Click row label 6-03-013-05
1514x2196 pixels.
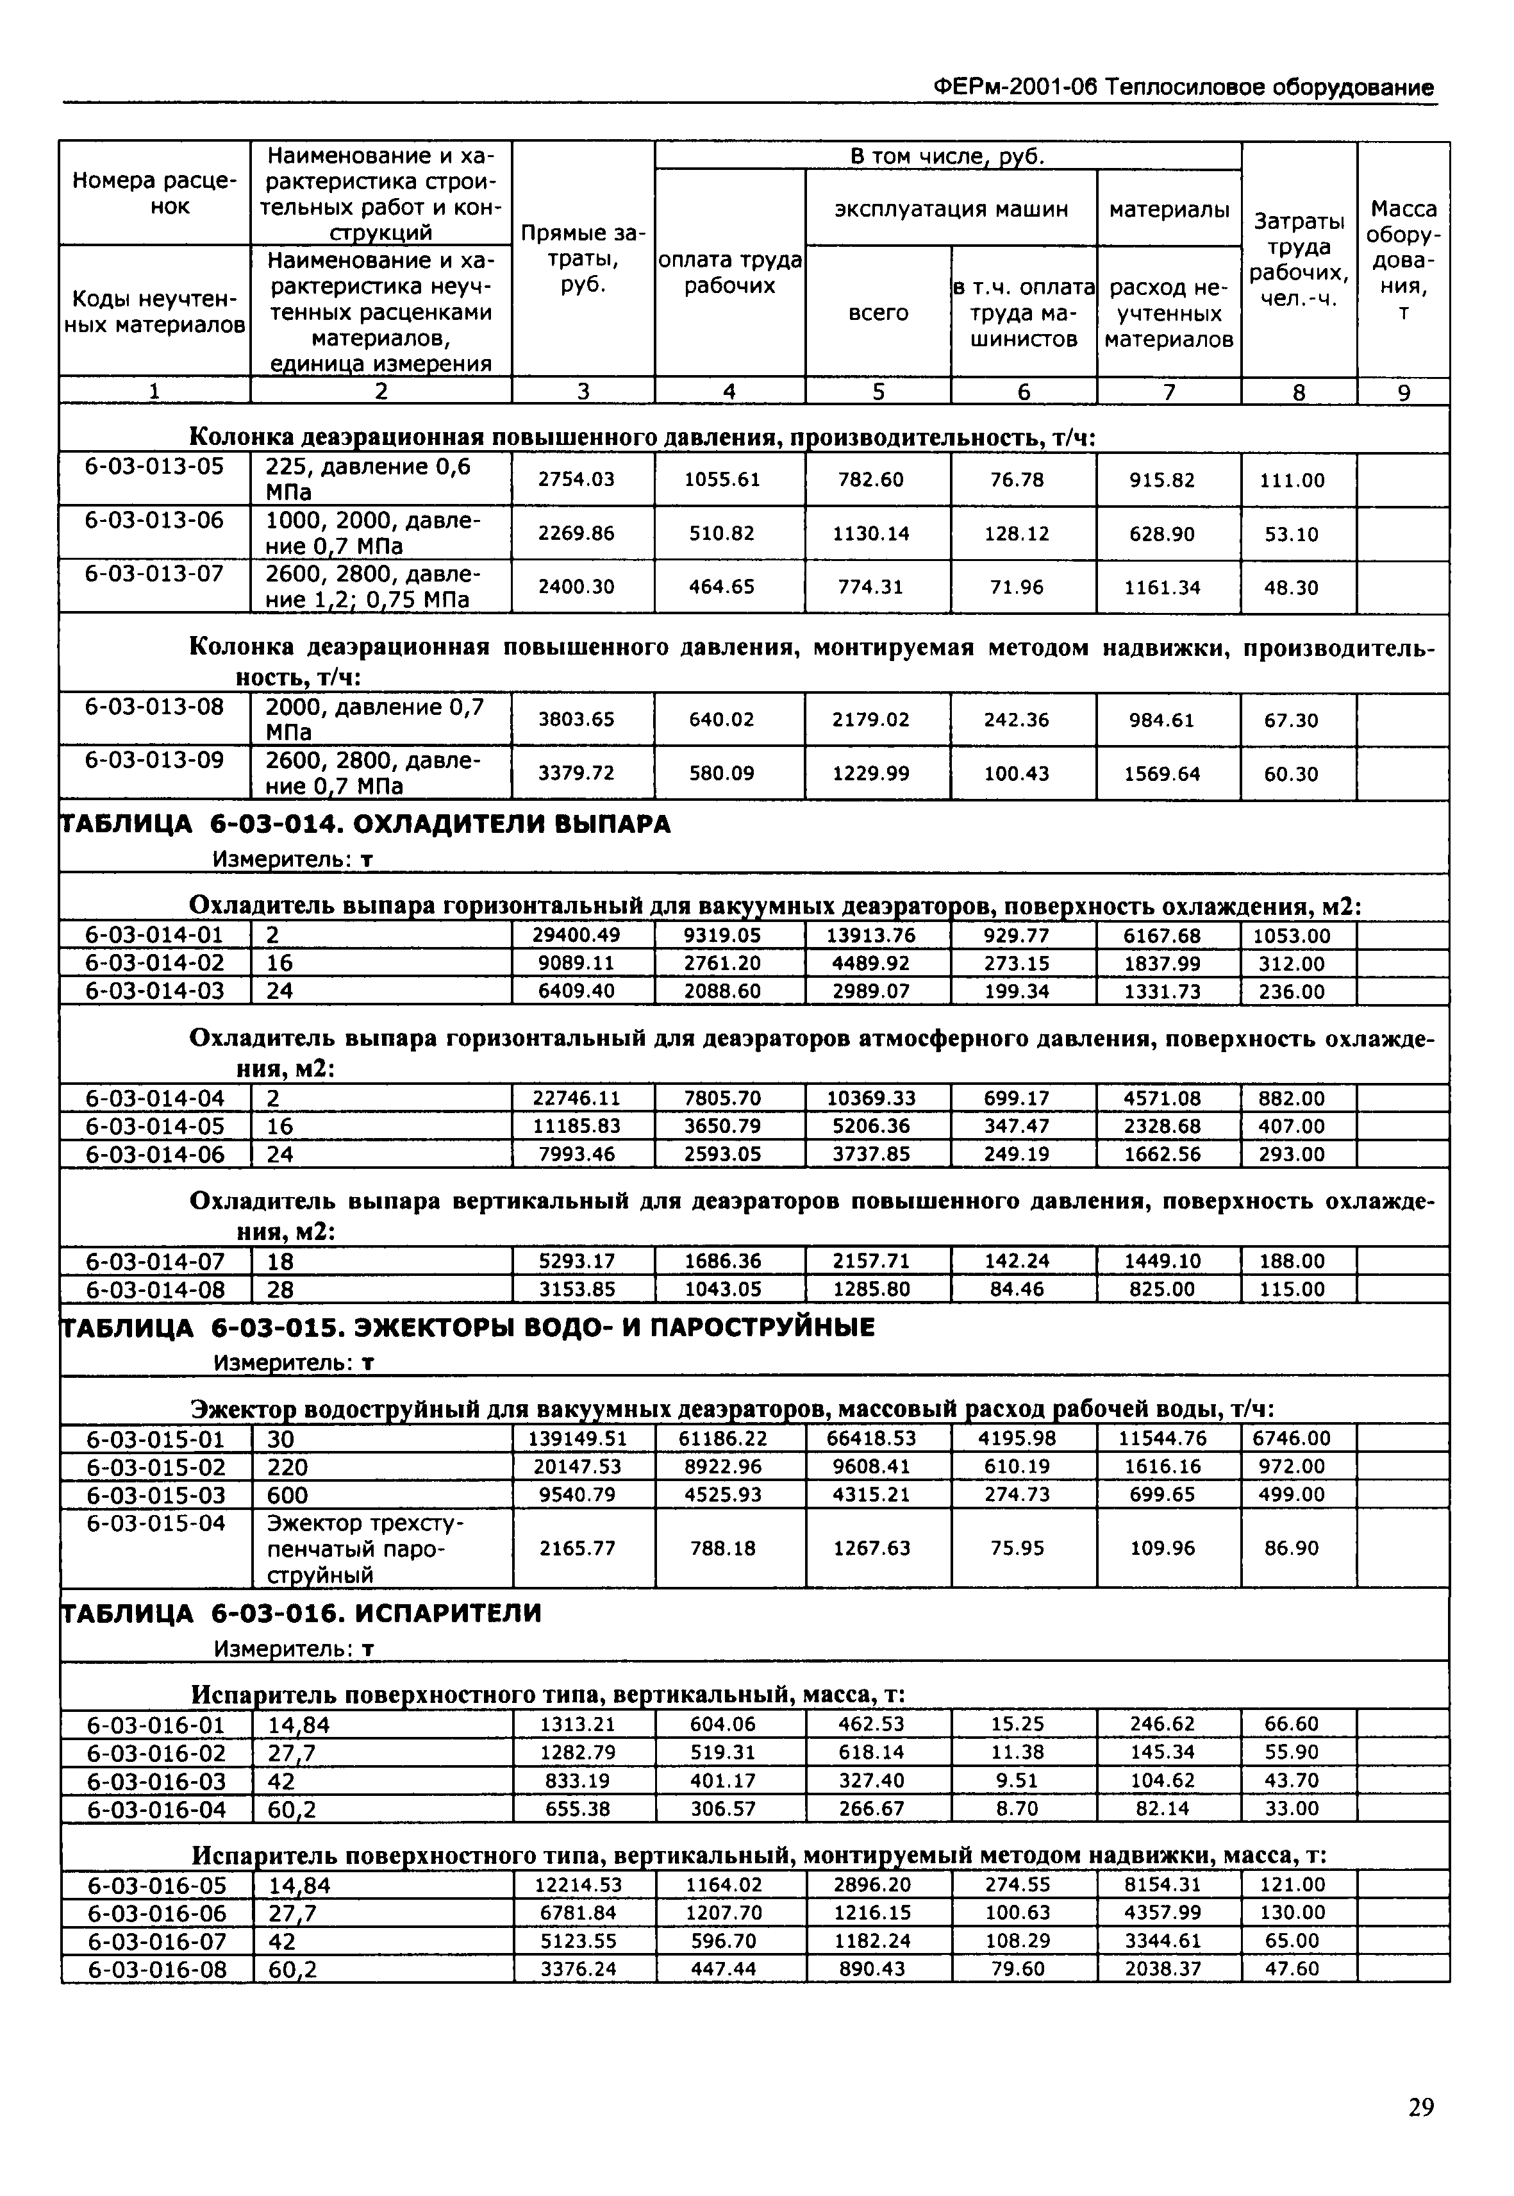(154, 466)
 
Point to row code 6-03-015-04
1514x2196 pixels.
(156, 1523)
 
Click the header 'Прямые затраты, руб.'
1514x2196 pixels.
(583, 259)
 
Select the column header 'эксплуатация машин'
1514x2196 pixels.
(951, 209)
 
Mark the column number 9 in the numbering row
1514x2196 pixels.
(1403, 392)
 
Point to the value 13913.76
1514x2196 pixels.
(871, 935)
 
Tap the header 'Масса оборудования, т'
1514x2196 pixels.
(1403, 259)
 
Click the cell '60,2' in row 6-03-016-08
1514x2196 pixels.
(292, 1970)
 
